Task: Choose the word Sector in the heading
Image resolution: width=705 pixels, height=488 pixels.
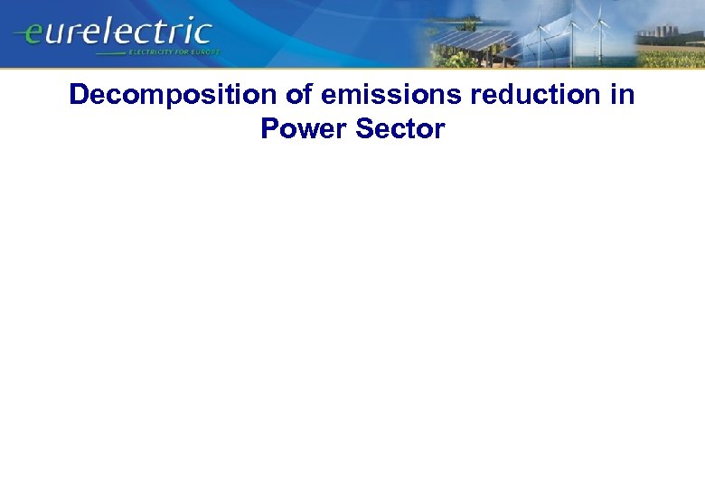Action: point(400,129)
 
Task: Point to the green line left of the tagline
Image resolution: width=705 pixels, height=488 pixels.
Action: point(110,53)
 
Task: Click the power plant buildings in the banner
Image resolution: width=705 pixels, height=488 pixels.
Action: point(664,33)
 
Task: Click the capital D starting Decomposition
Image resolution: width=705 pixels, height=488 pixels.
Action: point(79,96)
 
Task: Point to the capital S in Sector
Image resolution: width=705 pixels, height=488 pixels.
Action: point(364,129)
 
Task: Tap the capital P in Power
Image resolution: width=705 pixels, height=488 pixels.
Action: point(269,129)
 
